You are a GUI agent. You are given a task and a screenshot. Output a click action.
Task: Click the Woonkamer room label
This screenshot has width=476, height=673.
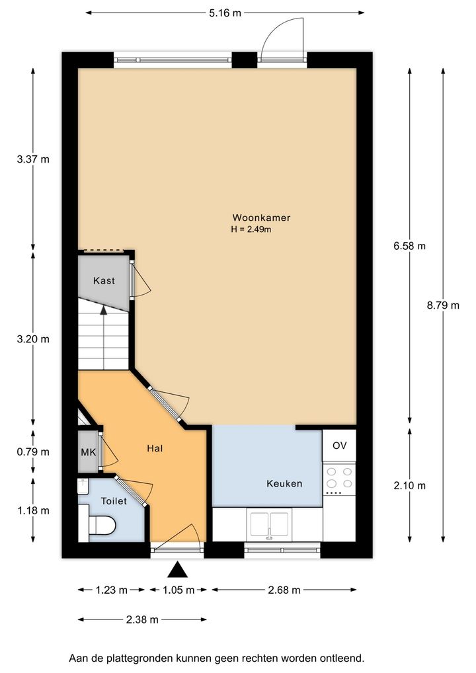(x=261, y=218)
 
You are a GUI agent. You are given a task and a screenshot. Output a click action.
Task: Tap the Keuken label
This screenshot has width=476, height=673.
(x=284, y=484)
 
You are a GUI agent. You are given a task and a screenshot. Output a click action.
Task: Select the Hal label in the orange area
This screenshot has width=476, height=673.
(x=155, y=448)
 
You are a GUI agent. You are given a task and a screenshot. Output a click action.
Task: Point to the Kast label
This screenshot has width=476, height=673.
(x=104, y=281)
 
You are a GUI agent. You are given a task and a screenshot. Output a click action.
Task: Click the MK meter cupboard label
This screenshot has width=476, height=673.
(x=89, y=452)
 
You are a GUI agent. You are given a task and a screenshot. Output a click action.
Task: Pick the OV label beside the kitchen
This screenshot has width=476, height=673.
(x=339, y=446)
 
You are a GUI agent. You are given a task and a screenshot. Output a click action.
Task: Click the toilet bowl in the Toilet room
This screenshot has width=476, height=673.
(x=102, y=526)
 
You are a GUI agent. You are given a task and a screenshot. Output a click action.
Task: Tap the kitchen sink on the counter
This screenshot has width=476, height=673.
(x=269, y=524)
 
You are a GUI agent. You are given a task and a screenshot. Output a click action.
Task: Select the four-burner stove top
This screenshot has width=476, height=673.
(x=339, y=479)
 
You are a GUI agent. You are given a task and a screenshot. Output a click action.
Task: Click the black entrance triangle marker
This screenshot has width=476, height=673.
(x=178, y=571)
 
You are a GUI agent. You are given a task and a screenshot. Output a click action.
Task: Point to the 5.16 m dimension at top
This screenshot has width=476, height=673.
(x=225, y=13)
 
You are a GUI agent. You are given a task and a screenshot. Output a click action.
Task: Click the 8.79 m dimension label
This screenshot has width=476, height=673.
(x=443, y=305)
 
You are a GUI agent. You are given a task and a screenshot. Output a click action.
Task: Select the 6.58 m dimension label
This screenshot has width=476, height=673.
(x=409, y=246)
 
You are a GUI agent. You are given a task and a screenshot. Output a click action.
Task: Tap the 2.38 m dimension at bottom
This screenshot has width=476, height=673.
(x=142, y=619)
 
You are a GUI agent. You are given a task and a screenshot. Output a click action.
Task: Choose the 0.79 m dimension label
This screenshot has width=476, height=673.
(x=33, y=452)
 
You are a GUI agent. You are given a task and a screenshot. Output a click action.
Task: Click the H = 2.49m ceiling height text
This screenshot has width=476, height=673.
(x=251, y=229)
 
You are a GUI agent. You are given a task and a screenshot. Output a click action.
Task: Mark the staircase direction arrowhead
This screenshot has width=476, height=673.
(x=103, y=310)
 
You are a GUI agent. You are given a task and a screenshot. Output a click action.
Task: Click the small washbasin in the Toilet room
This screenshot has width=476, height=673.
(x=83, y=487)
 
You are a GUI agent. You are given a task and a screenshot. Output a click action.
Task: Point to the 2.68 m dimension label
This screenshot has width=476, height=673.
(x=284, y=590)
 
